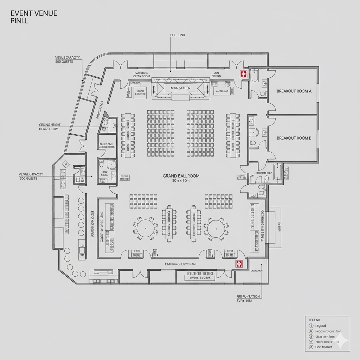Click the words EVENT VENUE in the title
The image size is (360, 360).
point(34,13)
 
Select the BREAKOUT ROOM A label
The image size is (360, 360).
point(294,91)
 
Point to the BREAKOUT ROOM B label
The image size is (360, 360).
point(294,138)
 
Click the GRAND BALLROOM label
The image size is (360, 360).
point(181,175)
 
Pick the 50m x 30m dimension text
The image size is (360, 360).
point(181,181)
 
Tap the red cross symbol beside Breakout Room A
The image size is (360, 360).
point(243,74)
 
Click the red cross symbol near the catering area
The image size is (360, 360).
point(239,264)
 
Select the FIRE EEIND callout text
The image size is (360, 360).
point(177,35)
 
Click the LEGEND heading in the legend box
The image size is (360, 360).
point(314,320)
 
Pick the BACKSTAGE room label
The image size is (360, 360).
point(107,146)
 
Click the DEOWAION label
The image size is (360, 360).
point(257,271)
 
